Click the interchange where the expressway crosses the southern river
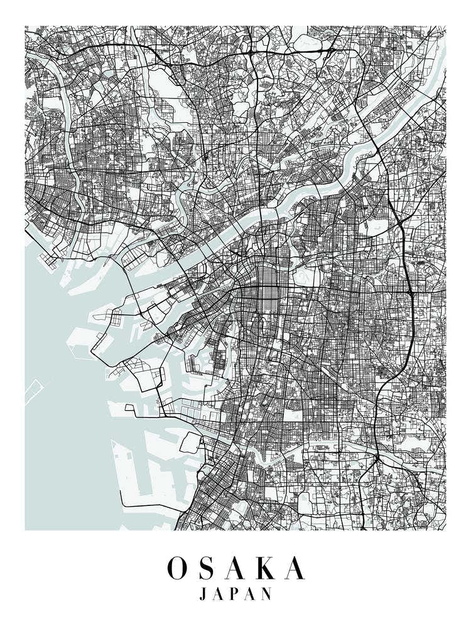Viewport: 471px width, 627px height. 376,461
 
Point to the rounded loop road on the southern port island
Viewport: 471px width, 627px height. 192,442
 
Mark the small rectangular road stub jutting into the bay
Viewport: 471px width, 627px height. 130,408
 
